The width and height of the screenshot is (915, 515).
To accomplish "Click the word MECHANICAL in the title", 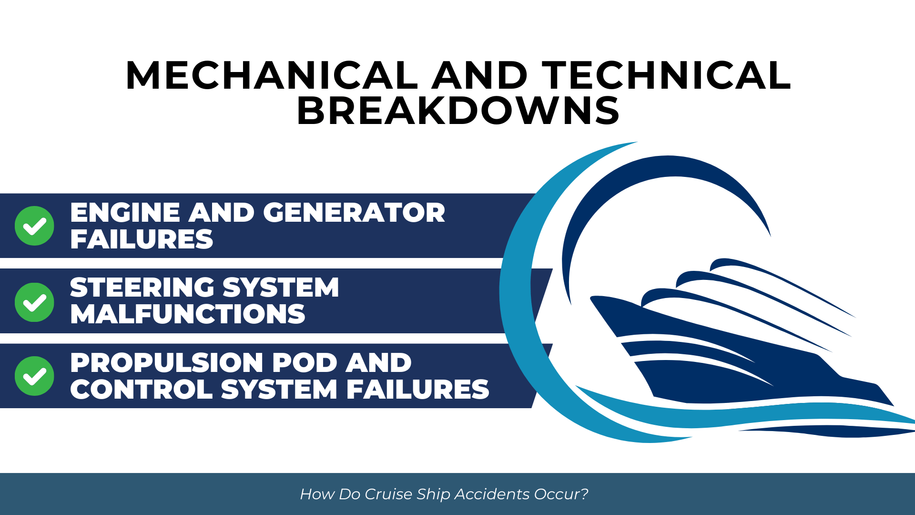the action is click(x=272, y=75).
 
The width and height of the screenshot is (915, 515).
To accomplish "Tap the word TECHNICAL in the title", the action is click(x=667, y=75).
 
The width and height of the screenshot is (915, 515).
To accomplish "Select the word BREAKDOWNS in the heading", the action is click(x=458, y=111).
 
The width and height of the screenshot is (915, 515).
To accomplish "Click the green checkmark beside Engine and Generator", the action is click(x=34, y=226).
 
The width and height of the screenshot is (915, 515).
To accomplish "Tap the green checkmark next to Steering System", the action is click(x=34, y=302).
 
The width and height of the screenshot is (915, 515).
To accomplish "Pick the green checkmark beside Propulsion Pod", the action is click(x=34, y=376).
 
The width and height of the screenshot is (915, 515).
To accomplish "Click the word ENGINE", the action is click(x=125, y=212).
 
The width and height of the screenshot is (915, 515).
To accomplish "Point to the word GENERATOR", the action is click(x=354, y=212).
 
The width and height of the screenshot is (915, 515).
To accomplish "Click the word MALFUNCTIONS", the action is click(x=188, y=314).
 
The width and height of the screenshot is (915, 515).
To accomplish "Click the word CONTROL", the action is click(x=142, y=389).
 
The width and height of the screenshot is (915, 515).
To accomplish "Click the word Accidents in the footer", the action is click(x=492, y=494).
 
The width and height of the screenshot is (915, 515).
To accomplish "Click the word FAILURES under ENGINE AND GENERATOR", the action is click(x=142, y=239).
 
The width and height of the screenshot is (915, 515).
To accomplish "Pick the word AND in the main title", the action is click(x=480, y=75).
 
